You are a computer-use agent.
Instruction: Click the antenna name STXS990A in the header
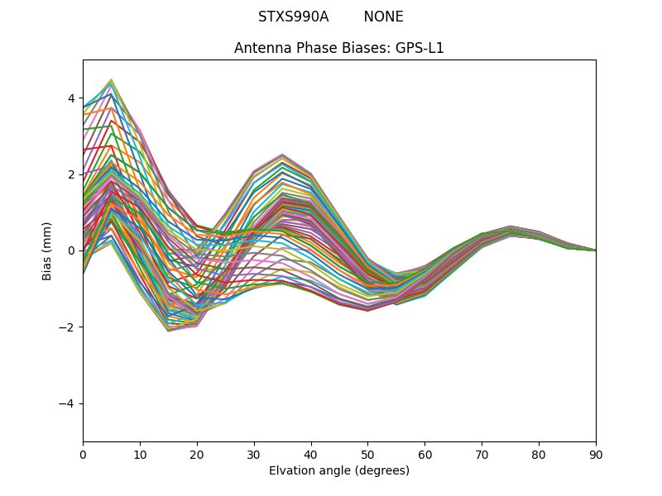(293, 17)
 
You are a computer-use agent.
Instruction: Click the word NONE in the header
(383, 17)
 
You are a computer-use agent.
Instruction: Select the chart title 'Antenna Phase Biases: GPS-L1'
(339, 48)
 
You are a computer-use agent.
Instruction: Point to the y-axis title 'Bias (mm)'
(48, 250)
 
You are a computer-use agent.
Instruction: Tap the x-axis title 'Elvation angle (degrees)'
(339, 471)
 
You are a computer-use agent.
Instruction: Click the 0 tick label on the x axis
(83, 454)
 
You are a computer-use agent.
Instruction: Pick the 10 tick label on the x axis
(140, 454)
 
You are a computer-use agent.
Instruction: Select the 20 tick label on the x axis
(197, 454)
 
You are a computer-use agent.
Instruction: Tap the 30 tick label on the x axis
(254, 454)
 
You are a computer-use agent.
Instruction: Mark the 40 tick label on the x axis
(311, 454)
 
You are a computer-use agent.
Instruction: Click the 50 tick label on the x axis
(367, 454)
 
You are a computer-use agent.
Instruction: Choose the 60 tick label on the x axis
(425, 454)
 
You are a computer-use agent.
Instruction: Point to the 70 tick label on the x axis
(482, 454)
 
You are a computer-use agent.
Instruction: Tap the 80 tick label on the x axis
(539, 454)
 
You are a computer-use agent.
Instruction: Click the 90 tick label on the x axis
(596, 454)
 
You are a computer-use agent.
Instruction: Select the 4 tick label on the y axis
(71, 98)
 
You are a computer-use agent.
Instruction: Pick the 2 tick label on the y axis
(71, 174)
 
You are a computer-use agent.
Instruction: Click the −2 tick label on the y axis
(68, 327)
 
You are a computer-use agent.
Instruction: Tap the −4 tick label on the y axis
(68, 403)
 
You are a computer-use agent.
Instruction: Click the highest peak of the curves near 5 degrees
(111, 80)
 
